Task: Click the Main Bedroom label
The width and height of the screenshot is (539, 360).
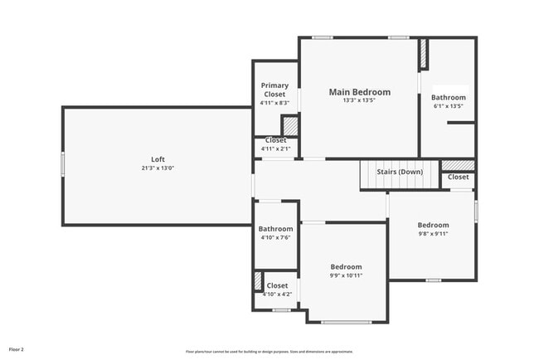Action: coord(359,92)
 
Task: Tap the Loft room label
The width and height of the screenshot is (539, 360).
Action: coord(158,159)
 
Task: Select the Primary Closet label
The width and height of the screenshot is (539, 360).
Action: coord(274,90)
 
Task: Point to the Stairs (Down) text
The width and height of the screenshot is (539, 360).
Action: coord(401,172)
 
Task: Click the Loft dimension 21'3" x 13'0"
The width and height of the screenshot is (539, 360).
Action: coord(158,168)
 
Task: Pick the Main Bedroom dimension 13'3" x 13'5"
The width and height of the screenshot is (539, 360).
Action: coord(359,101)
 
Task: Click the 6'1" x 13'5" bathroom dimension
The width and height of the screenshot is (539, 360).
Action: coord(448,106)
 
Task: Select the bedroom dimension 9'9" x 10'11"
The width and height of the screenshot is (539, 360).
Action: coord(346,275)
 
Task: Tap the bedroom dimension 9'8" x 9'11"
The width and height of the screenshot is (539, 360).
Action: coord(432,234)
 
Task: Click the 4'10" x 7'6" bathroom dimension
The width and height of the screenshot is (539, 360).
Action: coord(275,238)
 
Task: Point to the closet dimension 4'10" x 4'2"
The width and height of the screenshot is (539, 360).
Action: coord(277,294)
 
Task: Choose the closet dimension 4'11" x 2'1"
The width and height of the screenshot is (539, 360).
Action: coord(275,149)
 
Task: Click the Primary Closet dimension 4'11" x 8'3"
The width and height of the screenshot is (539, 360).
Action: coord(274,103)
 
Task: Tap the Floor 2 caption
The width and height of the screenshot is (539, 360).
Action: coord(16,349)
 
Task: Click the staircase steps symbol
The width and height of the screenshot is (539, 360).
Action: coord(373,176)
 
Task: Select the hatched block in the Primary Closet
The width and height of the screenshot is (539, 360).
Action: coord(290,125)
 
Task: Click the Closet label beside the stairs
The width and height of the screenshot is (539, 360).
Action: coord(458,177)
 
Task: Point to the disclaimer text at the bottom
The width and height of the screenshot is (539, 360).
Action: coord(269,352)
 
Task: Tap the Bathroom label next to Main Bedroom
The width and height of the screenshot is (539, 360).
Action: coord(448,97)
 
